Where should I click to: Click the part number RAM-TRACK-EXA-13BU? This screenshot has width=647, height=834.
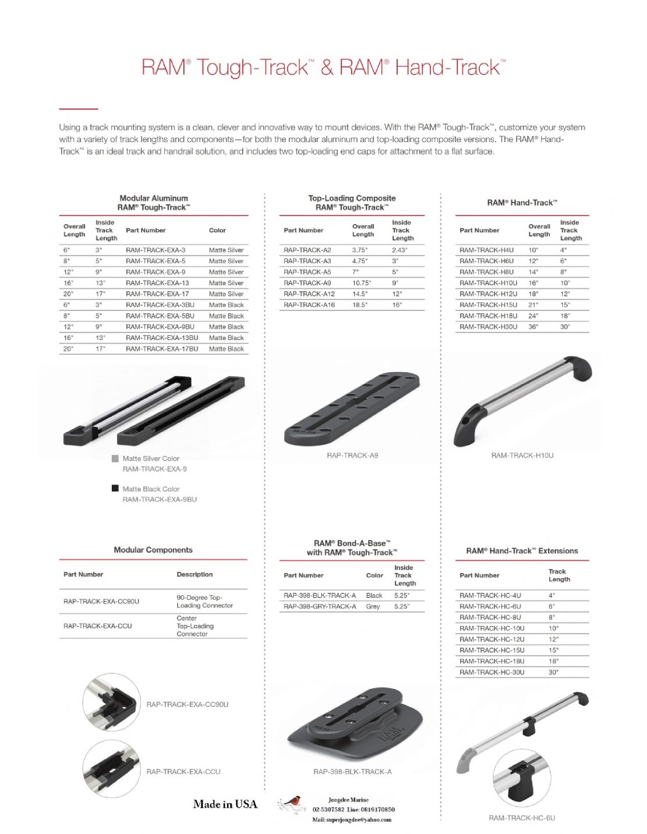coord(161,338)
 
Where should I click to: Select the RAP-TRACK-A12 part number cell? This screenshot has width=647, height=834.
coord(309,294)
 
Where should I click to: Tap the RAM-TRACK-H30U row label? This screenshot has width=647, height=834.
coord(488,327)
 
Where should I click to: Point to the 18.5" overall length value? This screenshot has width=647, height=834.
coord(360,305)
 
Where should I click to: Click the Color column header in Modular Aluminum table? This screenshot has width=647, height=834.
coord(217,231)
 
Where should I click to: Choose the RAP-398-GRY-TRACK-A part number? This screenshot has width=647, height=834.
coord(320,606)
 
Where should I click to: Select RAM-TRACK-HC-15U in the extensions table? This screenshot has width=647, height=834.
coord(492,650)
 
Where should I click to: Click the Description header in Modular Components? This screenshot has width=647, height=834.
coord(195,575)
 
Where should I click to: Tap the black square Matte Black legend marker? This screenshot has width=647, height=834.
coord(115,489)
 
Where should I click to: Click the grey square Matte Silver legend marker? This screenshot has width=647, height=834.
coord(115,458)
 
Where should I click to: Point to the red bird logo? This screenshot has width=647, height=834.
coord(293,804)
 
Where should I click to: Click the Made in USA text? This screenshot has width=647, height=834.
coord(225,804)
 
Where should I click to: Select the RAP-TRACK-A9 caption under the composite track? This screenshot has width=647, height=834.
coord(352,455)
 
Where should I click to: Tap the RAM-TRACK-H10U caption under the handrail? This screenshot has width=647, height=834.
coord(522,455)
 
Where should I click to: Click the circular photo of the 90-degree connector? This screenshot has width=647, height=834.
coord(111,703)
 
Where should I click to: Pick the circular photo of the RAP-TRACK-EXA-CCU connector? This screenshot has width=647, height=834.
coord(111,769)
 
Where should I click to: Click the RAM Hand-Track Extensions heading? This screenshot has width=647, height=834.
coord(522,551)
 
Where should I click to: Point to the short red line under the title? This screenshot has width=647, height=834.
coord(79,109)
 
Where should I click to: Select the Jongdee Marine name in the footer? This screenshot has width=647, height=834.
coord(348,800)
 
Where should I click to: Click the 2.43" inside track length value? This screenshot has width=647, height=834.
coord(399,250)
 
